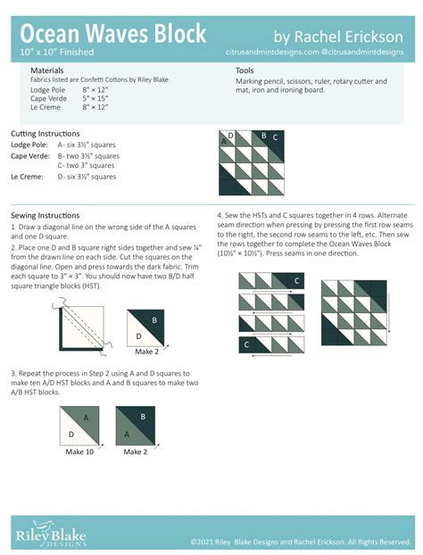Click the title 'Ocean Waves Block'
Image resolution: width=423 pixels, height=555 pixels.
pos(113,33)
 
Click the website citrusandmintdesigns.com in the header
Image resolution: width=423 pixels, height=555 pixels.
pos(272,54)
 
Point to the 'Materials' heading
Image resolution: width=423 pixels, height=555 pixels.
pos(46,70)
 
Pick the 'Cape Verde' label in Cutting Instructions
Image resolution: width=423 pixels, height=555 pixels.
pos(29,155)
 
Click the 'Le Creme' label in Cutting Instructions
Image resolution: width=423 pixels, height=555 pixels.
pos(25,177)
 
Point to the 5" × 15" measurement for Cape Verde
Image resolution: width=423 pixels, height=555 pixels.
pos(95,98)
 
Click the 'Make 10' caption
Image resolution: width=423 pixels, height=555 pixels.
pos(79,452)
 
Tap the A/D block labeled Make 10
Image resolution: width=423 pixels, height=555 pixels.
pos(79,426)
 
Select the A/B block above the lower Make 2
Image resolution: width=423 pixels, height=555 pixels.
pos(135,426)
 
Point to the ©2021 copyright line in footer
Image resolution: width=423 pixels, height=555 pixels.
pos(300,542)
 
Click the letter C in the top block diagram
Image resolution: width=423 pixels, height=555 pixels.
pos(276,137)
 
